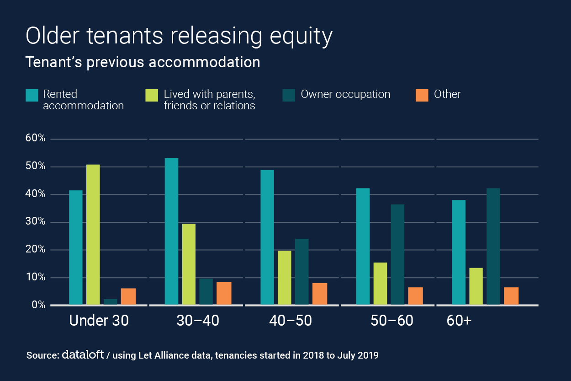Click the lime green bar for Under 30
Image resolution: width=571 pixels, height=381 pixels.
click(93, 234)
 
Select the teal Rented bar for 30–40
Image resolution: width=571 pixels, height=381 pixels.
click(171, 231)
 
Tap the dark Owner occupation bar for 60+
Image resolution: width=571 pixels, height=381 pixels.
click(493, 246)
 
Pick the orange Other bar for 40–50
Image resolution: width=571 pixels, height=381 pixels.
click(320, 294)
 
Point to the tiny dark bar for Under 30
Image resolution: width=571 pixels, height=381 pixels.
click(110, 301)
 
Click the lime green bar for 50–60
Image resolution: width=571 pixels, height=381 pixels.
click(380, 283)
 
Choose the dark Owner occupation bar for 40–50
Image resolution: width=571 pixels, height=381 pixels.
click(302, 271)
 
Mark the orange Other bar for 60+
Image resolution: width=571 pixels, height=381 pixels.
click(511, 295)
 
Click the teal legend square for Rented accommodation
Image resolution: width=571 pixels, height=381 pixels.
click(32, 95)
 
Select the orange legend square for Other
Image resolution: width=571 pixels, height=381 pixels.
click(422, 95)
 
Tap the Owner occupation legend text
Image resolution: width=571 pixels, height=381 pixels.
click(345, 94)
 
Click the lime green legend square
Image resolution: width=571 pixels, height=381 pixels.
click(152, 95)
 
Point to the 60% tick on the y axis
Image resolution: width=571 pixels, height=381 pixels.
click(35, 139)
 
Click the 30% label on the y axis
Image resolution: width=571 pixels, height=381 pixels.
click(35, 222)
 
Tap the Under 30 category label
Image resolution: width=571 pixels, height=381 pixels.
click(99, 321)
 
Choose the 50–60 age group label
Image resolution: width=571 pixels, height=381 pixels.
click(392, 321)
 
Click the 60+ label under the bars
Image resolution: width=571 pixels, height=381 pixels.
click(459, 321)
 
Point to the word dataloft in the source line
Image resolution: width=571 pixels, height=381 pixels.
click(82, 354)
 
